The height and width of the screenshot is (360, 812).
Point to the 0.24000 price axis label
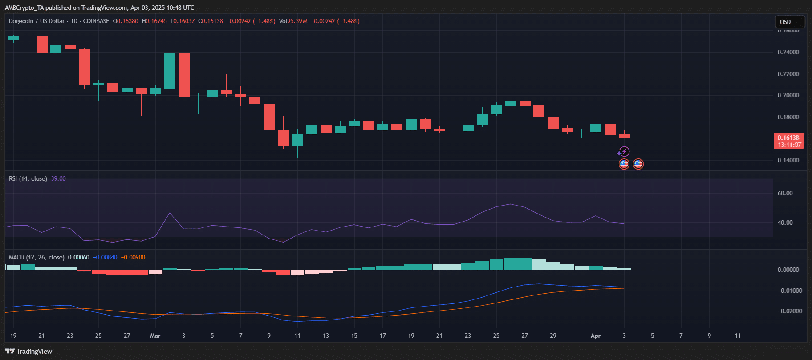[x=788, y=52]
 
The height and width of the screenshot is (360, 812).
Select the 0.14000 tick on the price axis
[x=788, y=160]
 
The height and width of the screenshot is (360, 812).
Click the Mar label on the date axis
[x=155, y=336]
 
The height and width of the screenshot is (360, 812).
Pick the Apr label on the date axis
[x=595, y=336]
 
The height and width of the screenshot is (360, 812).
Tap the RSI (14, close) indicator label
[x=28, y=179]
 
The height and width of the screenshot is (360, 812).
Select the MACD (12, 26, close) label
[x=37, y=257]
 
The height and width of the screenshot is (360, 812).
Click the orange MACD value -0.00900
[x=133, y=257]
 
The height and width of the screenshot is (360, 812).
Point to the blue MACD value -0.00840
[x=105, y=257]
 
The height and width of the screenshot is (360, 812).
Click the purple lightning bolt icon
[x=624, y=152]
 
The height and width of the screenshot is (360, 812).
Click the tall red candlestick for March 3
[x=184, y=74]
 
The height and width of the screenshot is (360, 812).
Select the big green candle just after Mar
[x=170, y=70]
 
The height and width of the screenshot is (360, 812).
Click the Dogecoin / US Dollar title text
[x=37, y=21]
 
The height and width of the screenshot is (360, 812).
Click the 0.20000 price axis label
[x=788, y=95]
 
